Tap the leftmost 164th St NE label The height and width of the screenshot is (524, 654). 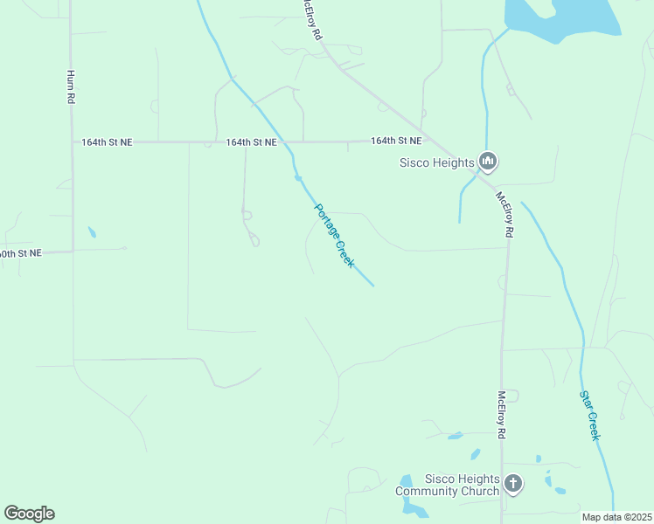tap(107, 141)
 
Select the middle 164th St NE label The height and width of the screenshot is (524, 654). tap(251, 141)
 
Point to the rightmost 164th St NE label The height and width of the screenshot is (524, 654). tap(396, 141)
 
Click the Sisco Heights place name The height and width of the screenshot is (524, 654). tap(436, 162)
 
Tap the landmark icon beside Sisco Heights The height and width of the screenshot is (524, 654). tap(488, 162)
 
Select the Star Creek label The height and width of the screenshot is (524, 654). tap(591, 415)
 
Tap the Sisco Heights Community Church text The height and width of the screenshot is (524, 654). tap(448, 485)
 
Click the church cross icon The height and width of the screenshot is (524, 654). tap(513, 483)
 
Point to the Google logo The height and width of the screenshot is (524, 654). tap(29, 514)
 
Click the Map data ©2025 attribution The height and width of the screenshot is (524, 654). tap(616, 517)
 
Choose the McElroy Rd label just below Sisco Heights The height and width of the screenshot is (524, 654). tap(504, 215)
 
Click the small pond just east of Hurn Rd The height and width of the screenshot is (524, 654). tap(92, 233)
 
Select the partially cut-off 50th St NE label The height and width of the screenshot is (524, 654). tap(20, 253)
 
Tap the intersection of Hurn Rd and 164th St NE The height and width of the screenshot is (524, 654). tap(72, 141)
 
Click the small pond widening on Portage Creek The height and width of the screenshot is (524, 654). tap(298, 178)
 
